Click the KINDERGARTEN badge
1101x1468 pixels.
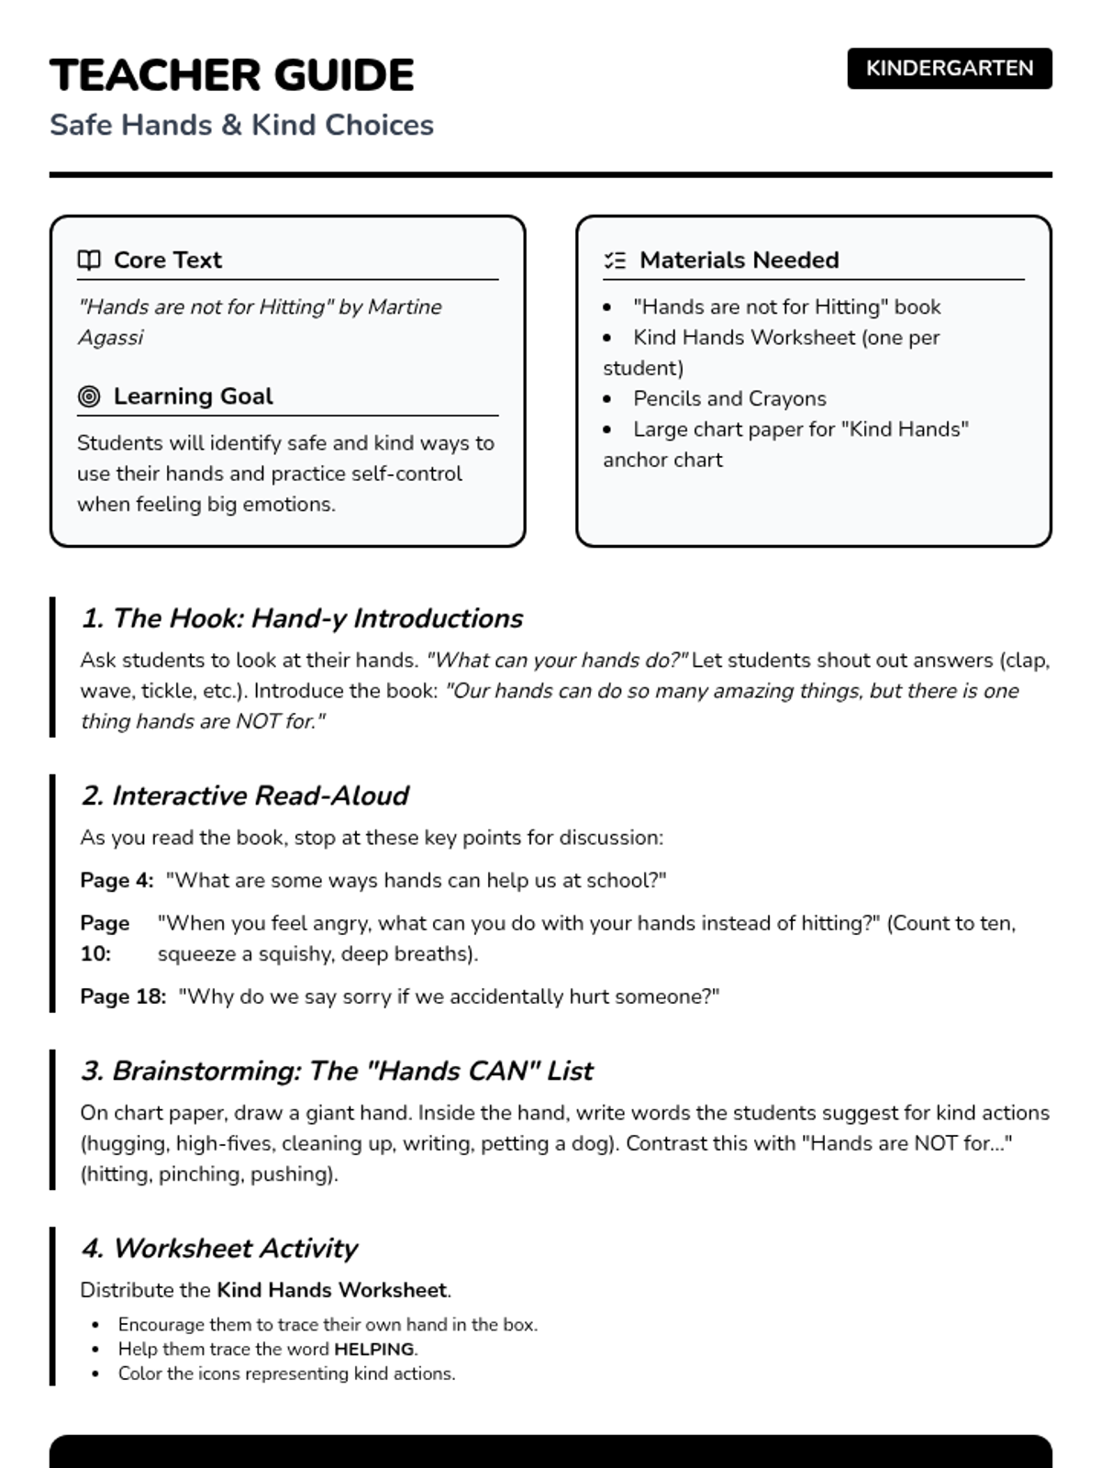tap(949, 69)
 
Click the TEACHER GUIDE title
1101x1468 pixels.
tap(231, 75)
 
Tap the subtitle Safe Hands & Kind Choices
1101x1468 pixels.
tap(241, 125)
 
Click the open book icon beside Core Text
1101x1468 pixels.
tap(89, 261)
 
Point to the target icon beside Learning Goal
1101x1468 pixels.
tap(89, 396)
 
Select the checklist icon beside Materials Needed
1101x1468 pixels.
tap(615, 261)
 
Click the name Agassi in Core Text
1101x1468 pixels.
tap(110, 338)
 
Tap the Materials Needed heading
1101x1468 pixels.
tap(739, 261)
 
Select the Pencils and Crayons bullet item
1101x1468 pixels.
tap(729, 399)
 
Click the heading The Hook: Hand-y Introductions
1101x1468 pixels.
tap(302, 618)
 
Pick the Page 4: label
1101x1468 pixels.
tap(117, 881)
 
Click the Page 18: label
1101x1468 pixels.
tap(123, 997)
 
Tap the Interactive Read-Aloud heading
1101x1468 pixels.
tap(245, 795)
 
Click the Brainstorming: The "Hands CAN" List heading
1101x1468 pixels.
tap(337, 1071)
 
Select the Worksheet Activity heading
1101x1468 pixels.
tap(219, 1249)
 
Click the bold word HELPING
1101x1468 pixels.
tap(373, 1350)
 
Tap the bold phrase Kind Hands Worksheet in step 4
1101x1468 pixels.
tap(331, 1291)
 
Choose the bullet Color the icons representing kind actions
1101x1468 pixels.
tap(286, 1374)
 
